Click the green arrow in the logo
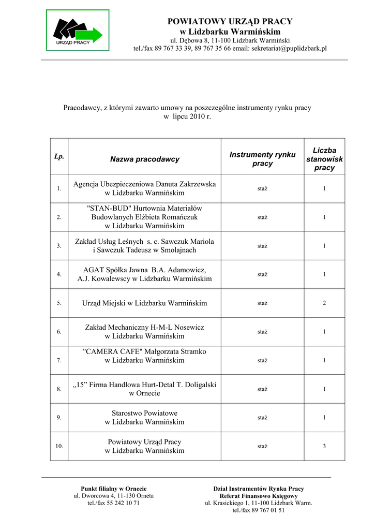tap(92, 35)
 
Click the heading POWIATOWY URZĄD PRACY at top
tap(230, 21)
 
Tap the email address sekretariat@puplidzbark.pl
tap(289, 48)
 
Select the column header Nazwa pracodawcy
tap(145, 159)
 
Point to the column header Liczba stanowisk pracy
tap(324, 159)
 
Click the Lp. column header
tap(59, 156)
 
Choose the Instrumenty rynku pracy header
tap(262, 159)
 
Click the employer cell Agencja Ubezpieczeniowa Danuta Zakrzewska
tap(145, 188)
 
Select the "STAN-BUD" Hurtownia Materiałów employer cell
tap(145, 217)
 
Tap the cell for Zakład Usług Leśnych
tap(145, 246)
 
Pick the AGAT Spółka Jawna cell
tap(145, 274)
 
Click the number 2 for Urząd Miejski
tap(324, 303)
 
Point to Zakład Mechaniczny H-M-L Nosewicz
tap(145, 332)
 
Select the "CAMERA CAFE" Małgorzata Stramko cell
tap(145, 356)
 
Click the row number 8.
tap(59, 389)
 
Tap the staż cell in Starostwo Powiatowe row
tap(262, 417)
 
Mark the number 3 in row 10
tap(324, 446)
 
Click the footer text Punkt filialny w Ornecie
tap(114, 489)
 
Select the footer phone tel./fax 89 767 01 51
tap(259, 510)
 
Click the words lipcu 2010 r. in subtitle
tap(191, 117)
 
